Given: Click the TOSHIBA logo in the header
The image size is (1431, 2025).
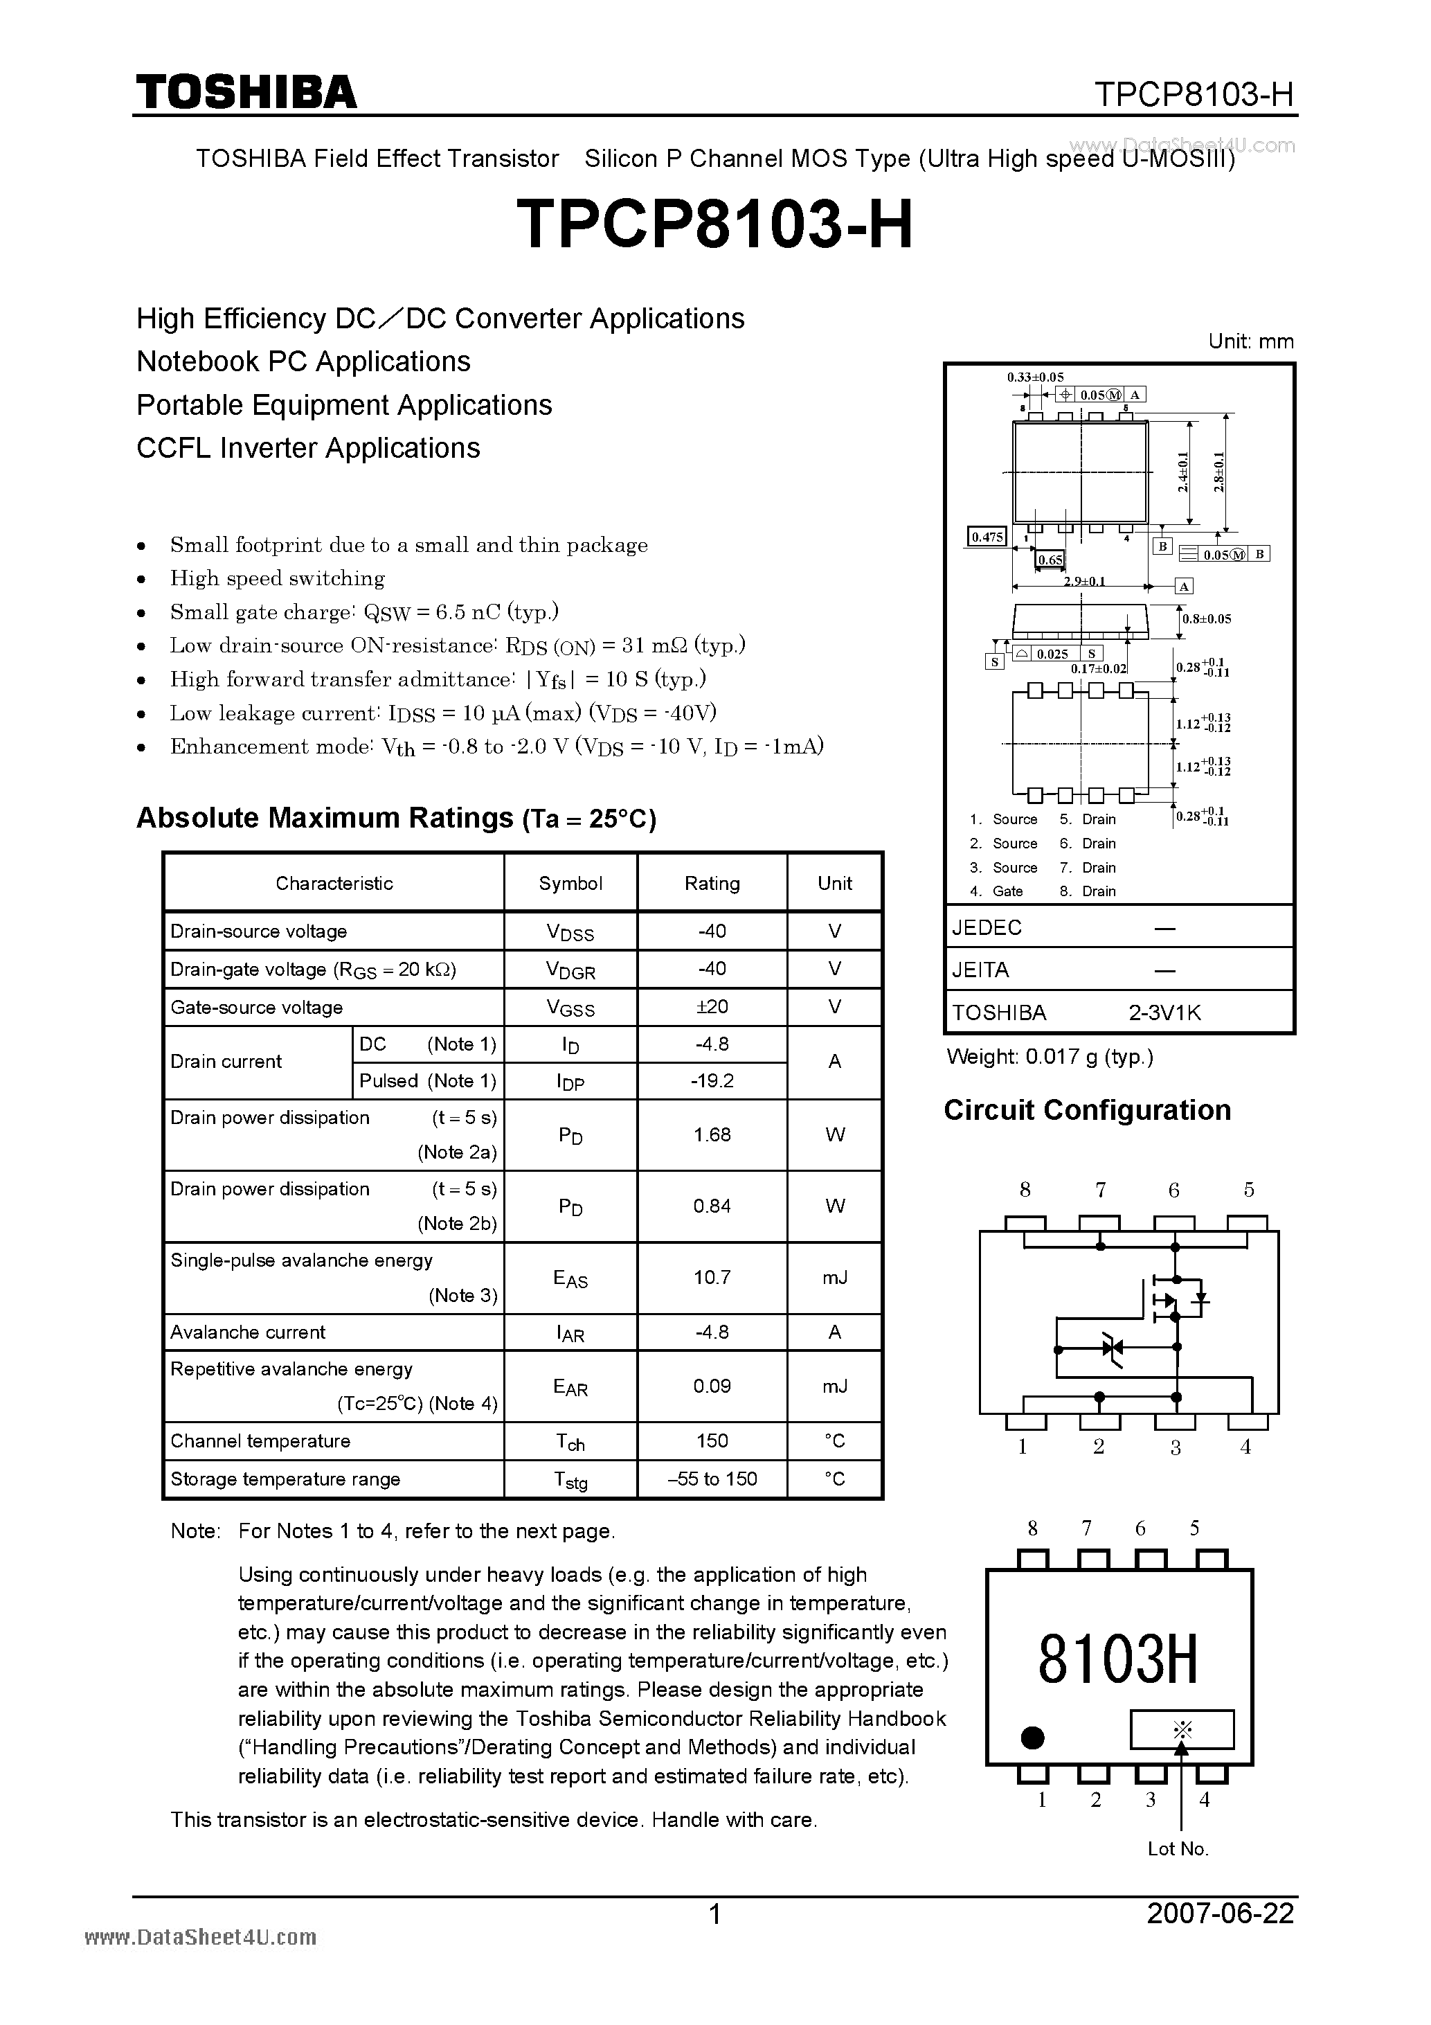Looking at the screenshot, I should point(246,93).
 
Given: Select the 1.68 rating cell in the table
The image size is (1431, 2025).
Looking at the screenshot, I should point(712,1135).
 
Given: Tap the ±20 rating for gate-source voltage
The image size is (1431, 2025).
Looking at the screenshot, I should point(712,1006).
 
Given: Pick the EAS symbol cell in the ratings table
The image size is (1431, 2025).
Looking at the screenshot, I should point(570,1278).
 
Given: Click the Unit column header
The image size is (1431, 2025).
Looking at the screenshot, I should point(834,883).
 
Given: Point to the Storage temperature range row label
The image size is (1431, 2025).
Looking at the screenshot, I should point(285,1479).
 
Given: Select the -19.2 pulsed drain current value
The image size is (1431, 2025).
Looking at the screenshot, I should point(712,1081).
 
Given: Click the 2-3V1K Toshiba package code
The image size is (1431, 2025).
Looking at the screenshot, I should point(1164,1012).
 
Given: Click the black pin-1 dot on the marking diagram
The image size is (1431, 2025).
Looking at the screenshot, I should point(1032,1738).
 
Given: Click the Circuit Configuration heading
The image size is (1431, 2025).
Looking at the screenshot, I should point(1086,1109).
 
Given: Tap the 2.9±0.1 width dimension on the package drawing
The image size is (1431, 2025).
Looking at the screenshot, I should point(1083,581).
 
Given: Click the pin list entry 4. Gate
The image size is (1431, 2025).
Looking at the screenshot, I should point(997,891).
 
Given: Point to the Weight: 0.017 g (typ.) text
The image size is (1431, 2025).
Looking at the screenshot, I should point(1050,1057).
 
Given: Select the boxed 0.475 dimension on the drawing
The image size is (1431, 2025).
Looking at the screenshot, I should point(987,536).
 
